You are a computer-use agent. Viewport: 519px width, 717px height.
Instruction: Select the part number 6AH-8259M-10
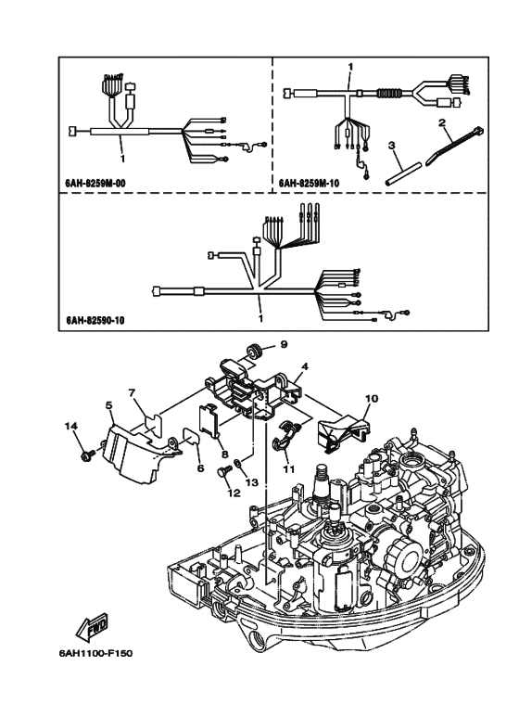click(x=309, y=184)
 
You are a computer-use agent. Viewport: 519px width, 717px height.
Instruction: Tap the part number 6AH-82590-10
click(x=95, y=320)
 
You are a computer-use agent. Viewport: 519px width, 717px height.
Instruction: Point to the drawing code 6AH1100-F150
click(x=95, y=653)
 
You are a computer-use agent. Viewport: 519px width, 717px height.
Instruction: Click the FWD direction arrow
click(x=92, y=625)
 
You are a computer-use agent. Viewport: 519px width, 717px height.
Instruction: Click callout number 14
click(x=70, y=426)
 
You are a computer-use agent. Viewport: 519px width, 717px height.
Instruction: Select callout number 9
click(x=284, y=344)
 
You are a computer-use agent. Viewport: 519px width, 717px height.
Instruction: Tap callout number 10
click(x=372, y=398)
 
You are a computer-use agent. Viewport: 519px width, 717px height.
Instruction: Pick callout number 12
click(x=234, y=493)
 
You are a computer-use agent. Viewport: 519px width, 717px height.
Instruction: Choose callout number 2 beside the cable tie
click(x=442, y=122)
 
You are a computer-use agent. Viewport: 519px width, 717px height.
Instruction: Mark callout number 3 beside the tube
click(x=391, y=146)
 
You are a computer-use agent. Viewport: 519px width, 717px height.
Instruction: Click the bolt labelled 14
click(x=87, y=455)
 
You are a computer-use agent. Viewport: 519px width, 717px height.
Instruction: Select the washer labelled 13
click(x=238, y=464)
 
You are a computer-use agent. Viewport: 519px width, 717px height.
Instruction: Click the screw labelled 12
click(x=222, y=471)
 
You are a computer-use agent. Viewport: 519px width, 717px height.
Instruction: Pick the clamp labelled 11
click(x=285, y=436)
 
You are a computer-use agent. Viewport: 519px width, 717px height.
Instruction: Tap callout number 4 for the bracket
click(x=305, y=366)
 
